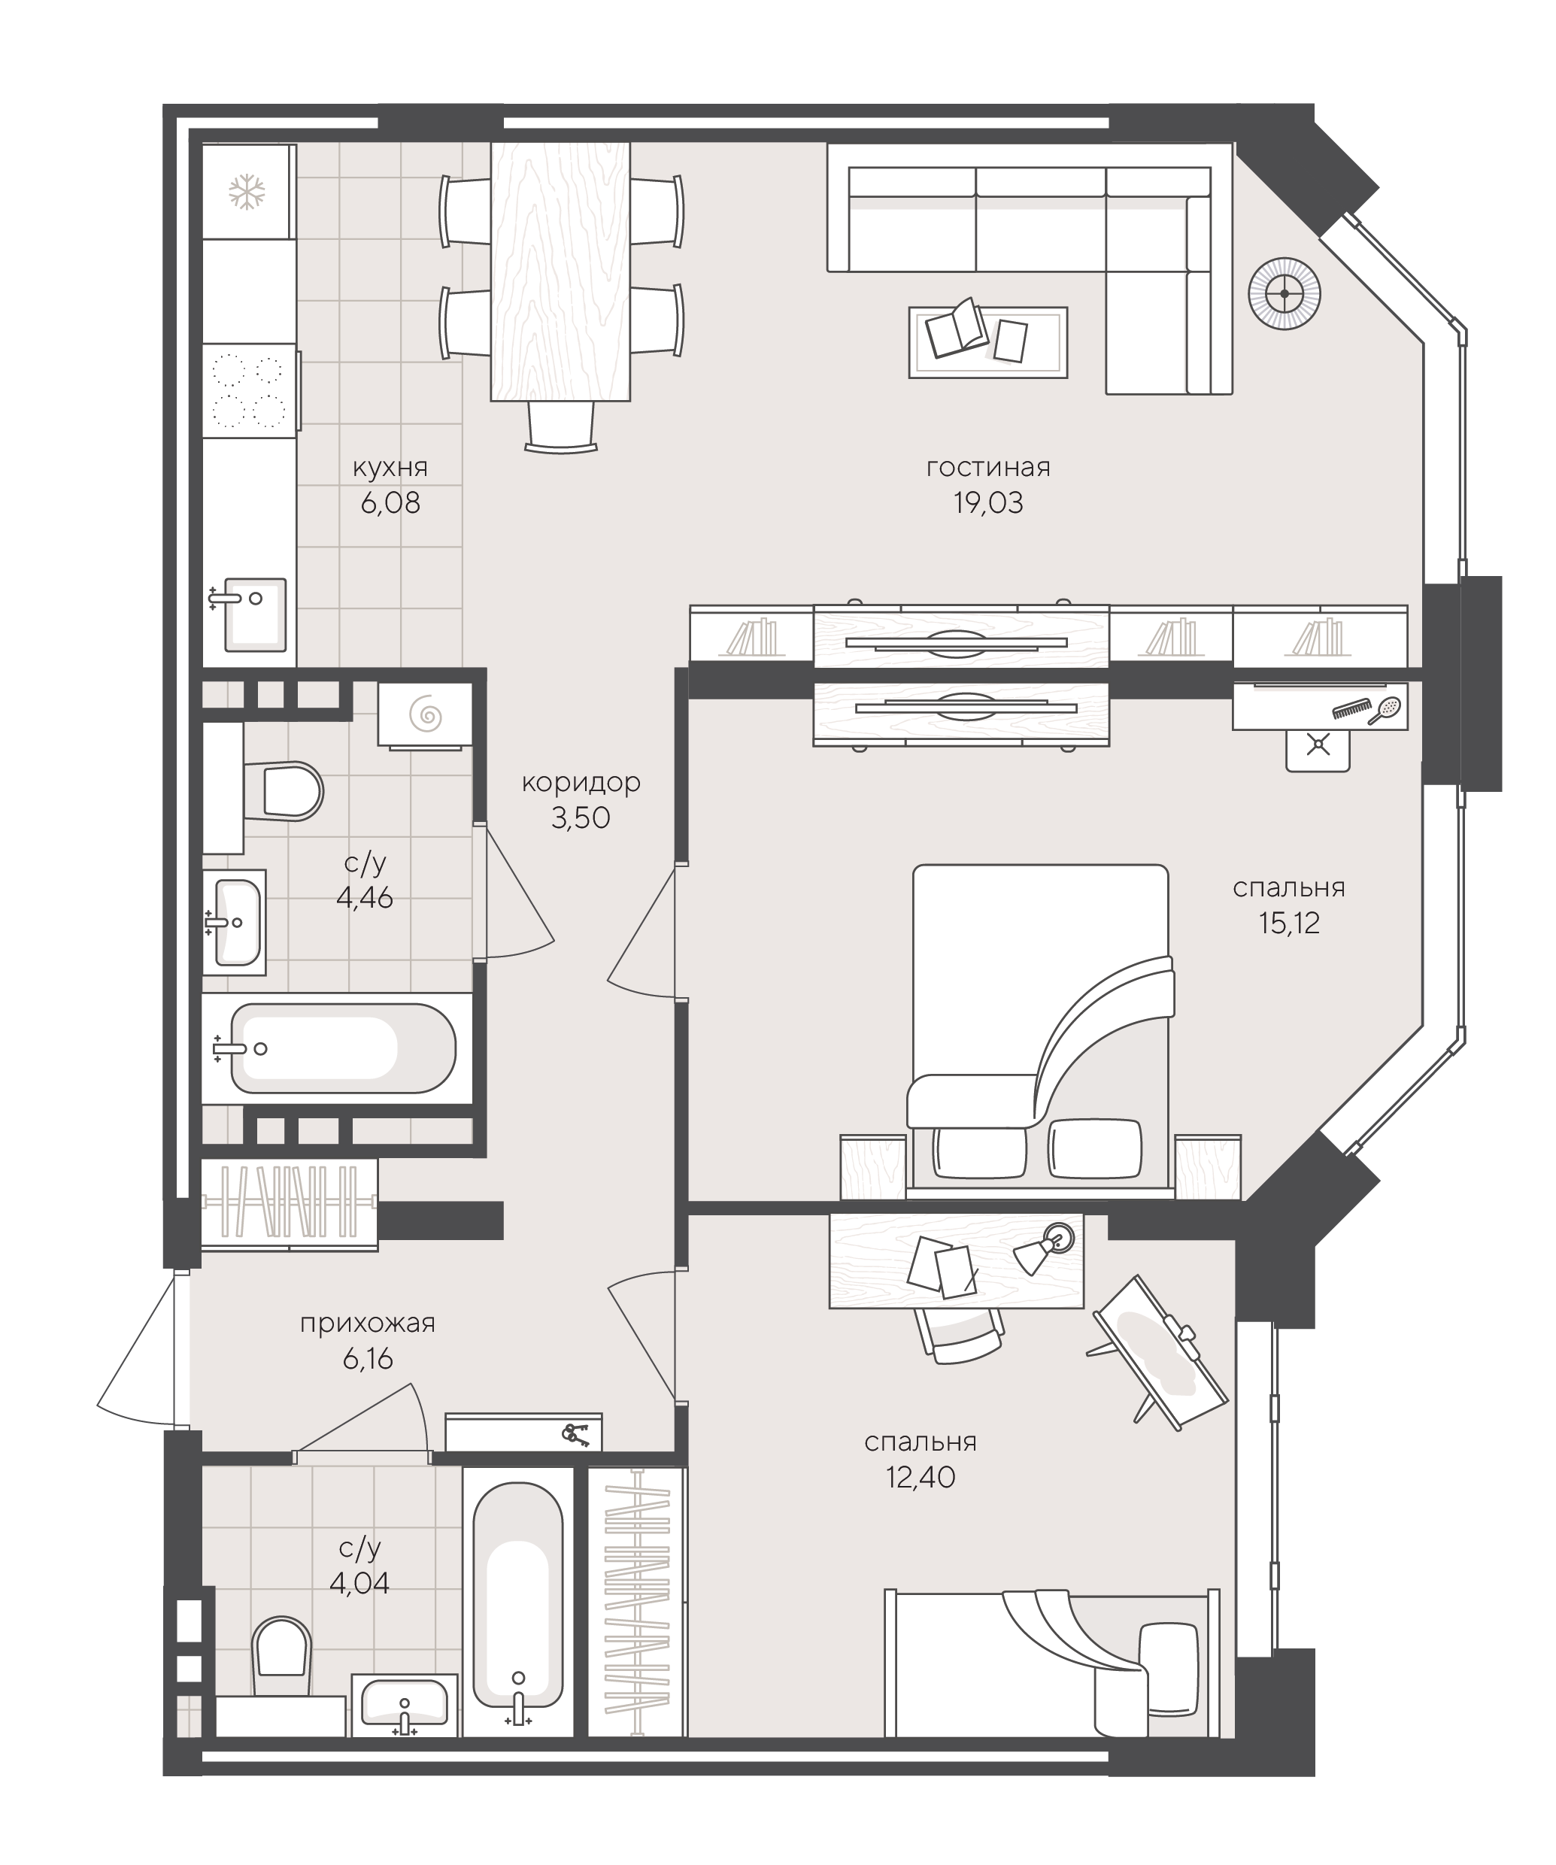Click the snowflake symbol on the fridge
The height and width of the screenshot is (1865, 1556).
tap(247, 192)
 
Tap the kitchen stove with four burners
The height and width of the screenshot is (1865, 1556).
tap(250, 391)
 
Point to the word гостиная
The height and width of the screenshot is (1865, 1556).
tap(987, 467)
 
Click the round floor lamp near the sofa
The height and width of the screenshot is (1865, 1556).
tap(1285, 293)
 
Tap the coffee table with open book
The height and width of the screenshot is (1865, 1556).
tap(987, 342)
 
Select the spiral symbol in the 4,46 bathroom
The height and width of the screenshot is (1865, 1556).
tap(424, 713)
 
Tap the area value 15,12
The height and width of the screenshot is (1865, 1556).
tap(1289, 923)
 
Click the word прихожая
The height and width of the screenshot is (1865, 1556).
tap(368, 1324)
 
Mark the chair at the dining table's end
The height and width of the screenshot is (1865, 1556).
tap(560, 426)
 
